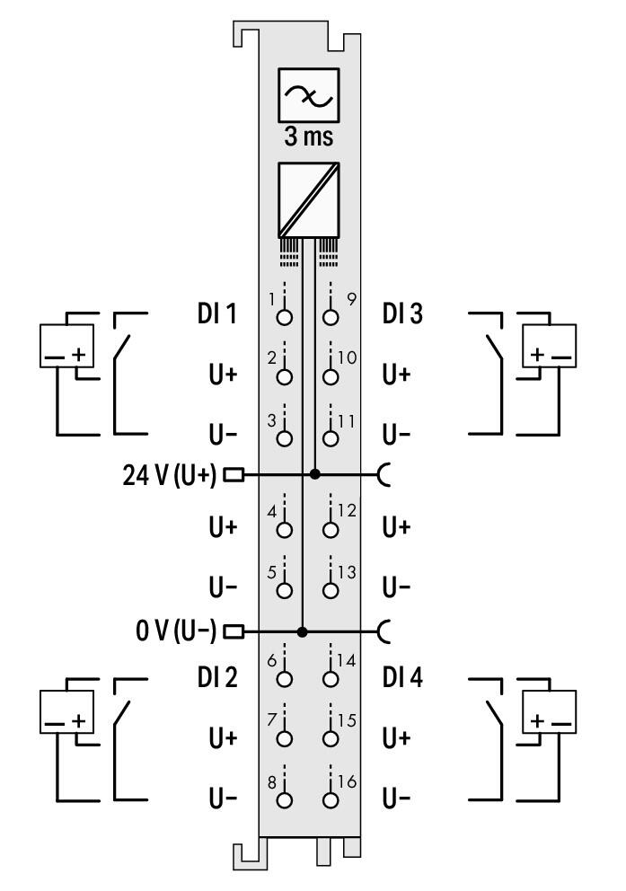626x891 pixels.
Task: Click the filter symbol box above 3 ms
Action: click(308, 95)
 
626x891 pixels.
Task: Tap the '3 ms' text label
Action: click(308, 137)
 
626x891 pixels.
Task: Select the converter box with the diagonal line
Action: click(308, 200)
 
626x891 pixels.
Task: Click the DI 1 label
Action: click(216, 313)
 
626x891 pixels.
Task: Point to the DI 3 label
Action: click(402, 313)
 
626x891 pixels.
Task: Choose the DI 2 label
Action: click(217, 676)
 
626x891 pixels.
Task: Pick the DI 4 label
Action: click(402, 676)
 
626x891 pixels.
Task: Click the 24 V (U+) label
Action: click(169, 474)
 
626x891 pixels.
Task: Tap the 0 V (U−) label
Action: click(176, 631)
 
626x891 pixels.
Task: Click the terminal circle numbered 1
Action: click(284, 316)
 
